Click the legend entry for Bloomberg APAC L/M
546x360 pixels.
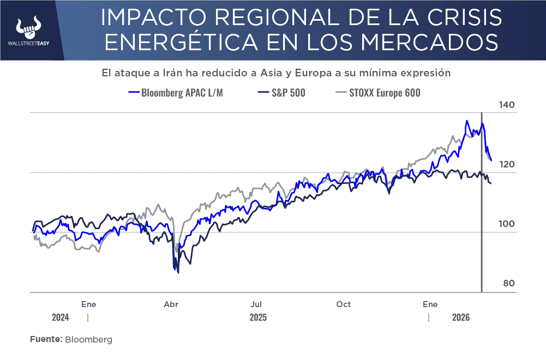coord(175,93)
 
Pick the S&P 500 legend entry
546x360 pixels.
coord(281,93)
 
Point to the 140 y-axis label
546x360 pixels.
coord(507,105)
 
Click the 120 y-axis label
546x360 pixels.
coord(507,165)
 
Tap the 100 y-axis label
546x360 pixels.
coord(507,224)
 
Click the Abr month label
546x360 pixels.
coord(171,304)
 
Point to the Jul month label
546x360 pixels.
coord(257,304)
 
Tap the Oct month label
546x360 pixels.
coord(344,304)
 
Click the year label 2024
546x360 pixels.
coord(61,317)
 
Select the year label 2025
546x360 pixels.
coord(258,317)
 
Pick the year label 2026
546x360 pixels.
coord(461,317)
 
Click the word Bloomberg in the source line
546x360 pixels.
coord(88,339)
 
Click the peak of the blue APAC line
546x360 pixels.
coord(467,121)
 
